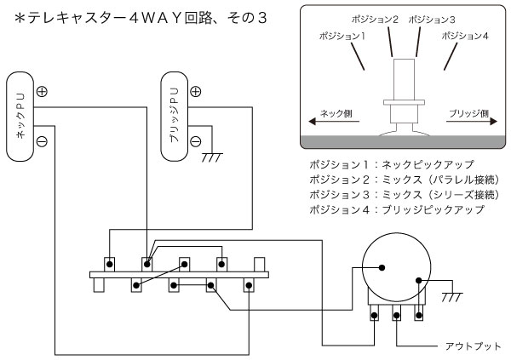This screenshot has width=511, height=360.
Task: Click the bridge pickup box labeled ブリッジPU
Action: (175, 116)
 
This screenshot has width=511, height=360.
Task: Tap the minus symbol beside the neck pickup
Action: (42, 140)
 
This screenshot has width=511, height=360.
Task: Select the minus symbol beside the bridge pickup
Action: (196, 140)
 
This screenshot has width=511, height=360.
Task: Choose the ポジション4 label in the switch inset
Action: (464, 37)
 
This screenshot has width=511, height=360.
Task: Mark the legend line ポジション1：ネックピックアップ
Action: (391, 163)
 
